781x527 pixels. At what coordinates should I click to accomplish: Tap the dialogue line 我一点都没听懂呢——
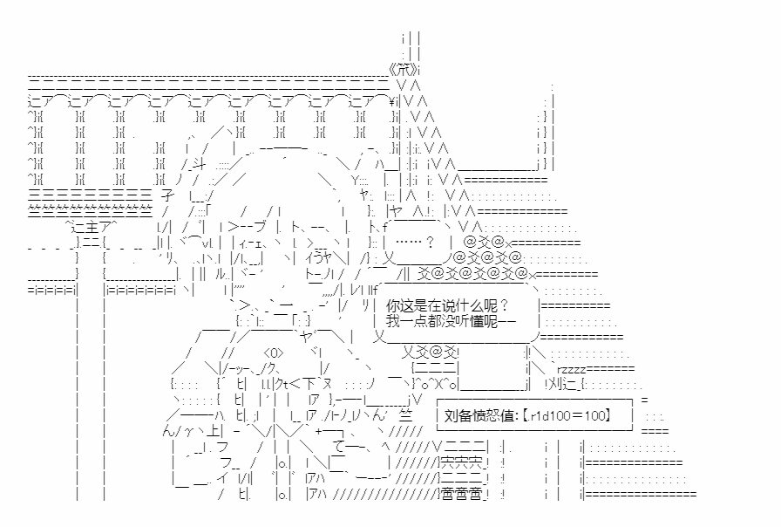[452, 322]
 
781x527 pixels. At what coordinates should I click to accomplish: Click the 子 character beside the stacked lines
[169, 195]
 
